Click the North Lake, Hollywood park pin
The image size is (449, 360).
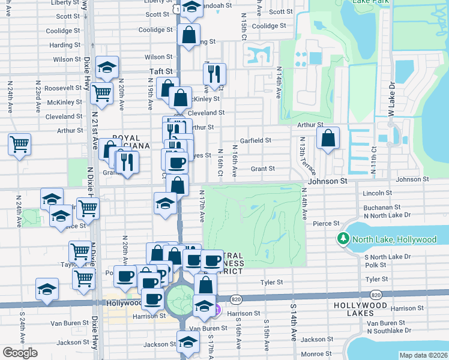(x=343, y=239)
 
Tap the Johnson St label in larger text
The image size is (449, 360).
(x=328, y=181)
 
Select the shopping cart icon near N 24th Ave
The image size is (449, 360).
(x=19, y=144)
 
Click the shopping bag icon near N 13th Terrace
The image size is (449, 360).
(x=328, y=137)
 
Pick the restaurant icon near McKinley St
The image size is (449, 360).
(x=214, y=74)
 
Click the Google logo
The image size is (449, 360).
(x=19, y=353)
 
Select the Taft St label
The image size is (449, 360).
(x=161, y=71)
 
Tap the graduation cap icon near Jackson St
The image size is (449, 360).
(x=188, y=342)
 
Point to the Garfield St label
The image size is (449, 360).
(x=256, y=140)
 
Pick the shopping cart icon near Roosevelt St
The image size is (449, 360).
(x=101, y=93)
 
